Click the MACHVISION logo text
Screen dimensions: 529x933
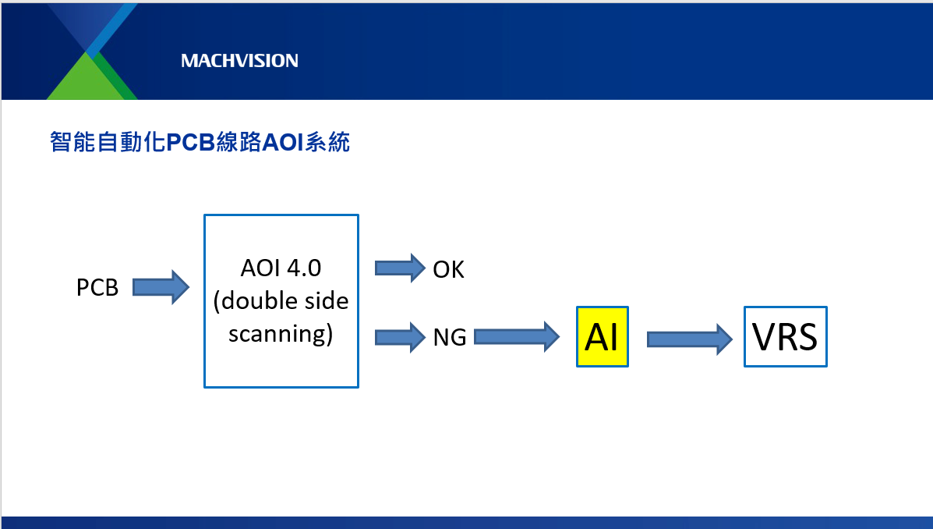click(239, 61)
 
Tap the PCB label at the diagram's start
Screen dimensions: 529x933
click(97, 288)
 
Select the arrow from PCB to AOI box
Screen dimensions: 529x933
click(161, 287)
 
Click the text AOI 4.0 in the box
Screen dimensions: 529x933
click(281, 268)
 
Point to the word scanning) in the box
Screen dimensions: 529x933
click(281, 334)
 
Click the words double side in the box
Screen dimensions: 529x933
click(281, 301)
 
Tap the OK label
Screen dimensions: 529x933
click(448, 270)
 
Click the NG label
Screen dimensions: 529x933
click(450, 338)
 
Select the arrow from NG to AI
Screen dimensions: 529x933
click(517, 336)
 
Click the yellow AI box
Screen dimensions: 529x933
click(602, 337)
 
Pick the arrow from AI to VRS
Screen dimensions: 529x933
click(690, 339)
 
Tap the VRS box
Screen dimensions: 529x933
click(785, 337)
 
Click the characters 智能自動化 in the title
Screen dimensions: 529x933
click(107, 144)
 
